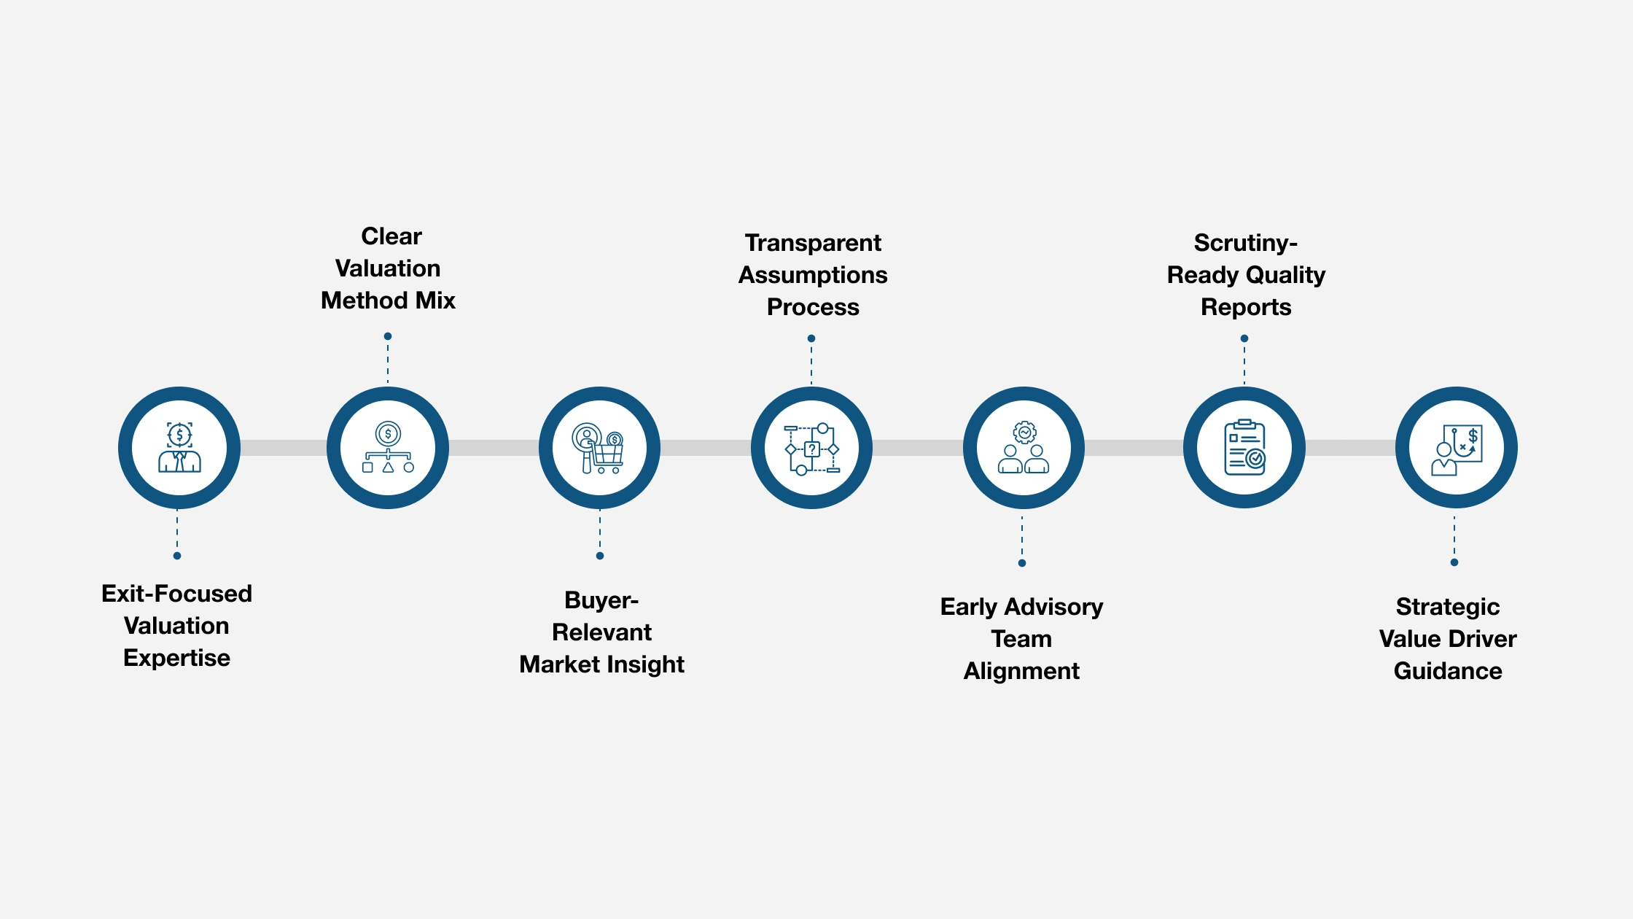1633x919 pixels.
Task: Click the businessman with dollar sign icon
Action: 179,447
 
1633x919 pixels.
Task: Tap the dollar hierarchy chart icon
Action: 388,447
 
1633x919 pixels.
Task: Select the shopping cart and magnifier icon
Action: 599,448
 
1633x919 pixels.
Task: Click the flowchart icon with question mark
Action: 811,448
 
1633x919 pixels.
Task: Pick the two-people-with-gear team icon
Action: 1024,447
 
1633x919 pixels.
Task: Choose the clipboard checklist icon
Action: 1244,447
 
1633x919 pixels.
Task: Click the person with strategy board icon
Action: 1457,448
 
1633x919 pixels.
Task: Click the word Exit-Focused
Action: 176,594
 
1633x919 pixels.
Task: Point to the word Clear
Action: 391,236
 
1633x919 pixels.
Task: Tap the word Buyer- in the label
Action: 601,600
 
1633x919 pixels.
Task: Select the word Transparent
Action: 813,243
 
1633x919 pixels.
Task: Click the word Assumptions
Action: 813,275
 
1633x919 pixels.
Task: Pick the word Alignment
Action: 1021,671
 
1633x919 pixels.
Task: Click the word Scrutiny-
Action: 1245,243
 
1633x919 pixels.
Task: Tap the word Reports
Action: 1246,307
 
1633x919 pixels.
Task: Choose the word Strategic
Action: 1447,607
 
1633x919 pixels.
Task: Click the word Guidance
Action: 1448,671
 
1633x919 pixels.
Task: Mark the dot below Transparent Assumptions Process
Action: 811,338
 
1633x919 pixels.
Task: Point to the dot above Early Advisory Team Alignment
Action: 1022,563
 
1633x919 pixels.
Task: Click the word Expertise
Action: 176,658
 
